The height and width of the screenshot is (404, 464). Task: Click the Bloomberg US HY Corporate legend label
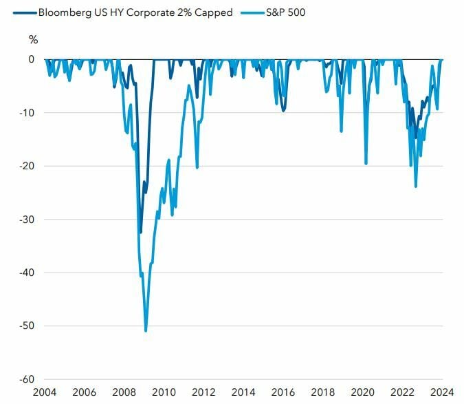[135, 12]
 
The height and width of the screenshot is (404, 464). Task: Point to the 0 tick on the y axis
[31, 59]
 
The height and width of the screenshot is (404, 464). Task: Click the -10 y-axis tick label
[27, 113]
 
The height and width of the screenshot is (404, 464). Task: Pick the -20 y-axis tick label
[27, 166]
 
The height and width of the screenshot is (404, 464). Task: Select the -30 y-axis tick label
[27, 220]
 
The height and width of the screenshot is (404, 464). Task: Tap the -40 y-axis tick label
[27, 273]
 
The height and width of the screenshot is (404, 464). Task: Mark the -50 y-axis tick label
[27, 326]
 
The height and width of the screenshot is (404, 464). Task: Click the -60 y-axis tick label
[27, 379]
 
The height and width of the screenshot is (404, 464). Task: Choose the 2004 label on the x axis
[45, 392]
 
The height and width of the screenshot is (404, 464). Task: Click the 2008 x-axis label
[124, 392]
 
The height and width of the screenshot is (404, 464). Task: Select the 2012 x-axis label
[203, 392]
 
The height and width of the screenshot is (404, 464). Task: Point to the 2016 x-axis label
[283, 392]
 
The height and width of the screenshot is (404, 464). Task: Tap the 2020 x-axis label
[363, 392]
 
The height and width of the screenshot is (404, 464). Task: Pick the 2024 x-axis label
[442, 392]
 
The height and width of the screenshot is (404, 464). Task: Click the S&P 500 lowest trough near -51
[146, 330]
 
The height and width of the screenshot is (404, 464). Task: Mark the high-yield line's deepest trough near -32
[140, 232]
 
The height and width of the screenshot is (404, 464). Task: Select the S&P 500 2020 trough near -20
[366, 163]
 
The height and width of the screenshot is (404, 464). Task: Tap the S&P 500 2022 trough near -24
[416, 187]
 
